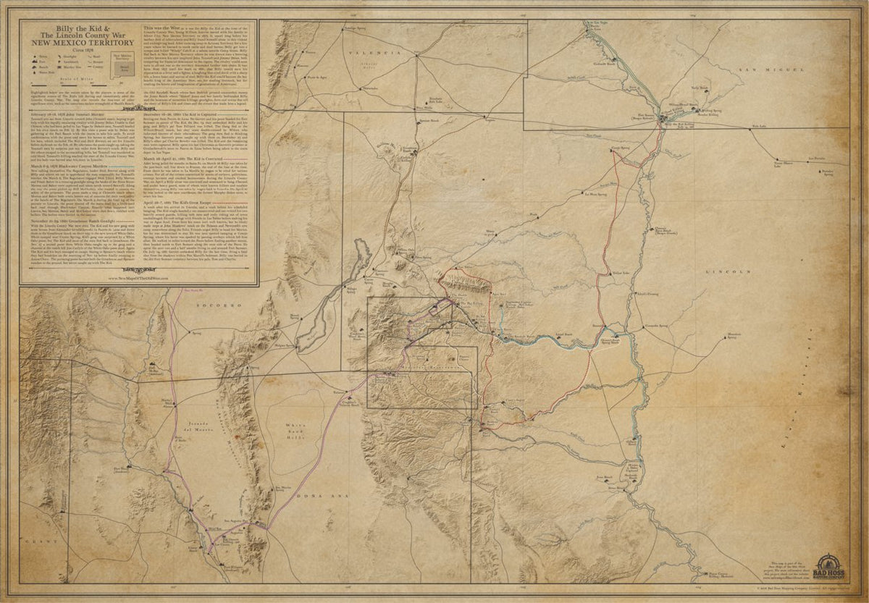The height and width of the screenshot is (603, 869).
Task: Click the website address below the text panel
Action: click(x=138, y=277)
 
